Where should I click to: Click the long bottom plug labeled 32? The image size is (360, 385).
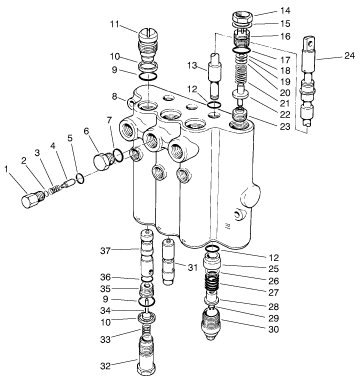(x=147, y=356)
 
